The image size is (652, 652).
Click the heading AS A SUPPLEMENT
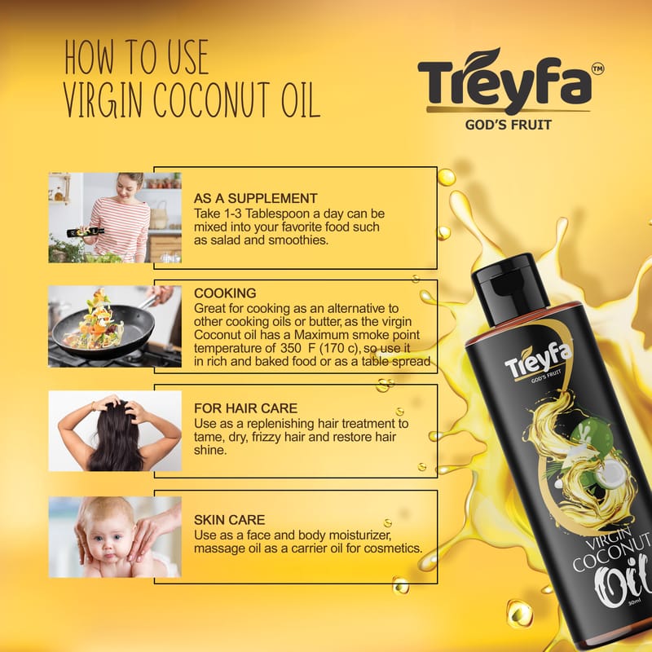click(x=255, y=198)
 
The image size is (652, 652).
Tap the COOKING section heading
click(x=225, y=293)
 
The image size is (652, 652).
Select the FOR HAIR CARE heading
click(x=246, y=408)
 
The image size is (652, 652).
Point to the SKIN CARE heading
click(x=229, y=520)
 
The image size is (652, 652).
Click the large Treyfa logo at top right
click(x=505, y=81)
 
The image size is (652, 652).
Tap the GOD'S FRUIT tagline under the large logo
click(x=508, y=125)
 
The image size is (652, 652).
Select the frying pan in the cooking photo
click(x=104, y=328)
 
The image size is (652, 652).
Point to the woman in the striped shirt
click(x=121, y=218)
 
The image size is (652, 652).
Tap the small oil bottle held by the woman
click(x=86, y=231)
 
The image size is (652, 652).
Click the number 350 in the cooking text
click(x=290, y=348)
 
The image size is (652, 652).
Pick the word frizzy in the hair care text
click(x=267, y=438)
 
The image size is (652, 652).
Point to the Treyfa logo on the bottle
click(x=539, y=359)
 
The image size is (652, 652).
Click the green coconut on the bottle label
click(x=585, y=438)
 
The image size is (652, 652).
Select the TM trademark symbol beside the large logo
click(x=597, y=69)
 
